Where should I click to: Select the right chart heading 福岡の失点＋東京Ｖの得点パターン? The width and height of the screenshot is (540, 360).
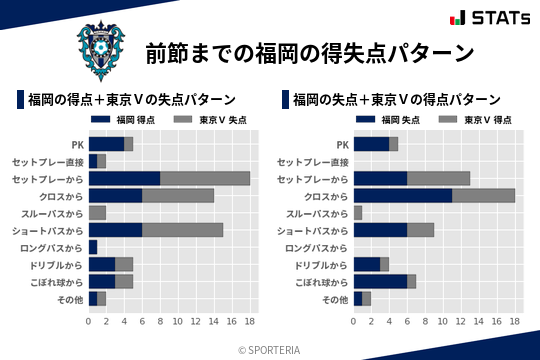397,99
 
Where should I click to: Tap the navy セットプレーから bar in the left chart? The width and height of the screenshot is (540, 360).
124,178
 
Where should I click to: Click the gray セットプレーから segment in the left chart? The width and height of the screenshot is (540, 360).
205,178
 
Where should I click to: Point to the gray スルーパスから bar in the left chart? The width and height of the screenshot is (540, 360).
97,212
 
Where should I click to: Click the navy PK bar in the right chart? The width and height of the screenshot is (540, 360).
371,144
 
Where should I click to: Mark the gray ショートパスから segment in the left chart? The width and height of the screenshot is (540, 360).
182,230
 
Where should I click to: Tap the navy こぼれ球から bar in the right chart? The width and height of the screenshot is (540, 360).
380,281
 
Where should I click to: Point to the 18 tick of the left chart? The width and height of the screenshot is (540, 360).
250,322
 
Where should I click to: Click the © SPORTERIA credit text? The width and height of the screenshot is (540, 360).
269,349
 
